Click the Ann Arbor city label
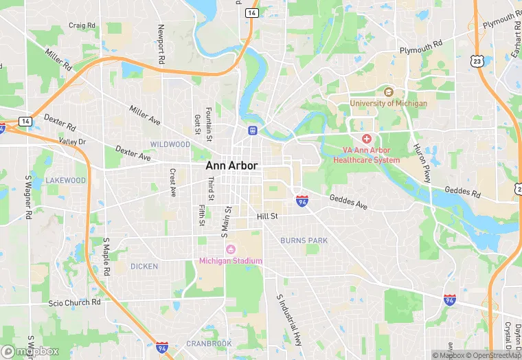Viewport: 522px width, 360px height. point(231,166)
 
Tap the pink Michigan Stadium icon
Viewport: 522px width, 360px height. point(230,249)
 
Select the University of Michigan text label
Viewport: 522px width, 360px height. point(388,103)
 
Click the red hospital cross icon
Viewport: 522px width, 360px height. point(366,139)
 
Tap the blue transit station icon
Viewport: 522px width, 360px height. point(253,130)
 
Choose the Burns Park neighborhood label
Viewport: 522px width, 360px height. point(304,240)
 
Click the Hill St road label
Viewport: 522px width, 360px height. point(266,216)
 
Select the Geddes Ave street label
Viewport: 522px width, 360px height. point(348,201)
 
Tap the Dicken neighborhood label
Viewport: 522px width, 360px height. point(144,266)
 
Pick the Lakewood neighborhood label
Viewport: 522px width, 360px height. point(66,180)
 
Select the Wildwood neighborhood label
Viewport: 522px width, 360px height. point(170,144)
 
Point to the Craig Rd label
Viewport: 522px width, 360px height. point(81,25)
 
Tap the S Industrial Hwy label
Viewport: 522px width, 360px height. point(288,320)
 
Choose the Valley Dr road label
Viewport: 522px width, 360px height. point(72,142)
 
